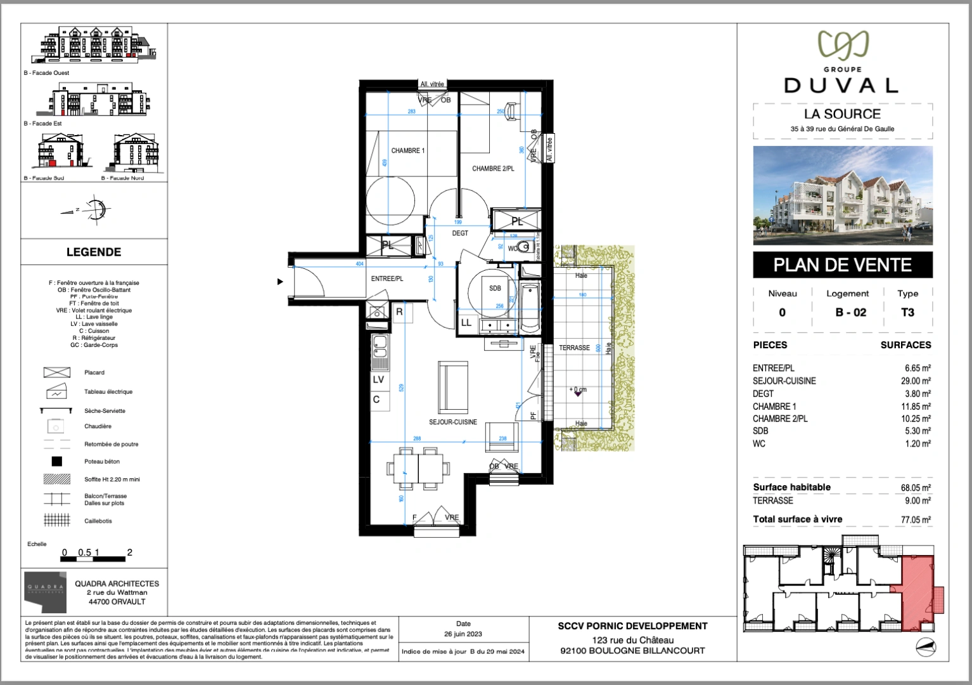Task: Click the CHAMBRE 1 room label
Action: tap(407, 151)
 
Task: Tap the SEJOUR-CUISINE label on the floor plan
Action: tap(452, 422)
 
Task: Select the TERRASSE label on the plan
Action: tap(574, 348)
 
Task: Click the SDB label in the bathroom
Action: tap(495, 288)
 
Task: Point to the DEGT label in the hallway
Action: tap(460, 233)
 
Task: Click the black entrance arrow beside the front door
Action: tap(280, 282)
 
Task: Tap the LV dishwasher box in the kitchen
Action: tap(378, 380)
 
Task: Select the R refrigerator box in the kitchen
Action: tap(399, 311)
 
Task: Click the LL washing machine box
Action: tap(466, 323)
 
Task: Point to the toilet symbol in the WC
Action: tap(523, 247)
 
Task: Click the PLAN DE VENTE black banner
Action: tap(842, 265)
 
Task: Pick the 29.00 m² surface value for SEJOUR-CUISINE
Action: tap(918, 381)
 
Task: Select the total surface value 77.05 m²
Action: tap(916, 519)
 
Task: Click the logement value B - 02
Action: tap(850, 312)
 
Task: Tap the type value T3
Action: tap(907, 312)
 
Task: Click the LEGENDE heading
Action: tap(94, 252)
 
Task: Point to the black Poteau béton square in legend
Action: tap(56, 462)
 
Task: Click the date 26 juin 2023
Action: tap(463, 634)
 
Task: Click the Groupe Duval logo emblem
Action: tap(843, 46)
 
